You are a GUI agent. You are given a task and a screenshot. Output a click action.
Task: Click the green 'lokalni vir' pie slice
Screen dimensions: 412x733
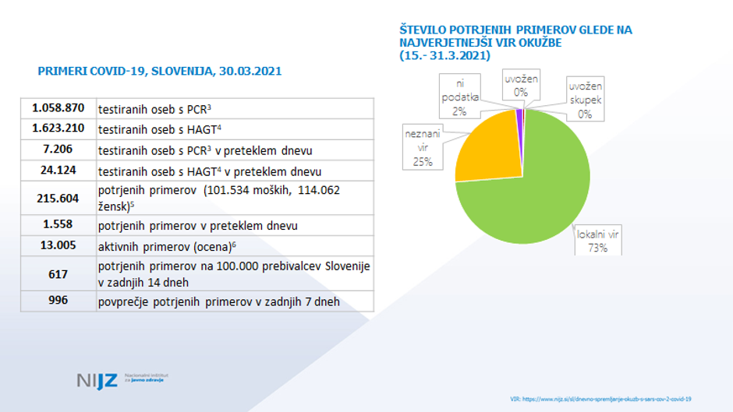(538, 195)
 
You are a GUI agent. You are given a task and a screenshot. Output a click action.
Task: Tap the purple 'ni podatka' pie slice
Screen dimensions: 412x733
(519, 114)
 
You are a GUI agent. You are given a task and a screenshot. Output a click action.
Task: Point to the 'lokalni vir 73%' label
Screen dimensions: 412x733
(592, 241)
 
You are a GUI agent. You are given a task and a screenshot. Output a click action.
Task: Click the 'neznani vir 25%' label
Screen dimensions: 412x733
(422, 149)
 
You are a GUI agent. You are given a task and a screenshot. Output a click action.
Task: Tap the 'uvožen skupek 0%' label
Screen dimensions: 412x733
(585, 98)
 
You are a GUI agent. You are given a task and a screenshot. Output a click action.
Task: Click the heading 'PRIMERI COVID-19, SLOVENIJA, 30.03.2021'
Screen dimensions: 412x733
(160, 71)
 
